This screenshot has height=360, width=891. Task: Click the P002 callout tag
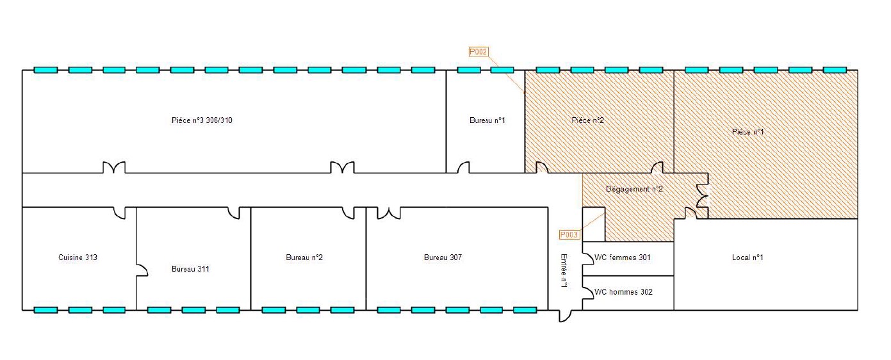478,52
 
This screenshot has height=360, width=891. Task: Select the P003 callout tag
569,234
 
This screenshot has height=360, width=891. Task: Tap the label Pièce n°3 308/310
202,120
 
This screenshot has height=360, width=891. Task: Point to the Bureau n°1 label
487,120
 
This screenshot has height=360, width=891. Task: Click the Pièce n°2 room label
587,120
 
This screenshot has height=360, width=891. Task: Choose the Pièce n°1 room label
748,132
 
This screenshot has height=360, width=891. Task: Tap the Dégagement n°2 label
634,189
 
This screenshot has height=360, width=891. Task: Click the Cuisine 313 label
78,258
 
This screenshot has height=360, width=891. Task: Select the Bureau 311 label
190,269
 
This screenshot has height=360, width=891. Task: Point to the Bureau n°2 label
304,258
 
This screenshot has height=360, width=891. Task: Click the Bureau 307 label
443,258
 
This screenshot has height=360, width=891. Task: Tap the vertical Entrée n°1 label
564,271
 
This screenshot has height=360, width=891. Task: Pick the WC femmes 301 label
623,258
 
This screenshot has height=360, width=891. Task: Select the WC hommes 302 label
623,292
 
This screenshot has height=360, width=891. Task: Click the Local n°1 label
748,258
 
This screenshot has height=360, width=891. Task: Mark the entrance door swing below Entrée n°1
566,316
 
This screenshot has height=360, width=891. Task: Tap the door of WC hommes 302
588,293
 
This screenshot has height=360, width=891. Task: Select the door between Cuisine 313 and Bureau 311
142,270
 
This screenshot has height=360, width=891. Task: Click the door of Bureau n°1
463,167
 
